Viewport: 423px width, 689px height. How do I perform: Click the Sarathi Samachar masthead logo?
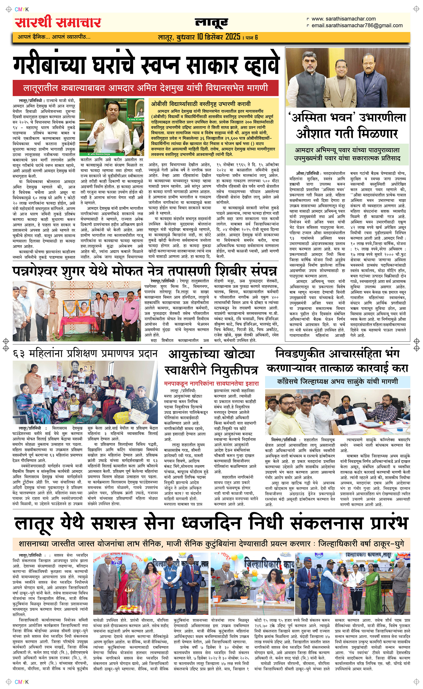click(x=58, y=22)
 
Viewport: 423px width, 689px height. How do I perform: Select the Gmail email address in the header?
click(x=357, y=25)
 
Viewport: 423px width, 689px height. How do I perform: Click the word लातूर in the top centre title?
click(x=211, y=24)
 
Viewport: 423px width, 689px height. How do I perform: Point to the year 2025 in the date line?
click(x=233, y=37)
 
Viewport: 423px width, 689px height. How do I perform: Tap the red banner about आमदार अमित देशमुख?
click(x=146, y=88)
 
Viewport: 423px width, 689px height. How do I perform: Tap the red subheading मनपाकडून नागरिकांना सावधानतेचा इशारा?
click(x=211, y=383)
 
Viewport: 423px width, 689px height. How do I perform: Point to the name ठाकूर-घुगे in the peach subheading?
click(x=389, y=544)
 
